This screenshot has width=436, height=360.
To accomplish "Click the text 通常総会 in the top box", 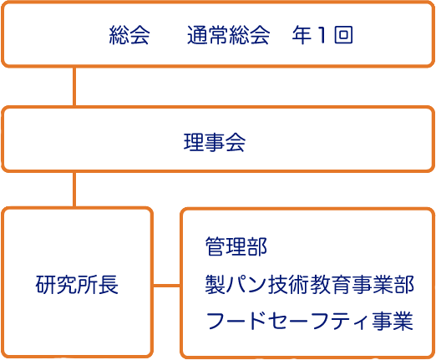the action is [x=228, y=35].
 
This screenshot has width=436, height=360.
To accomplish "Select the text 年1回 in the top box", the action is [x=322, y=35].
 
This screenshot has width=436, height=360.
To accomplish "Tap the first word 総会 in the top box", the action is [x=129, y=35].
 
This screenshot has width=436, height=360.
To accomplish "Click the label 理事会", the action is [x=215, y=142].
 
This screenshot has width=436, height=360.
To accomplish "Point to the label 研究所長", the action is [x=77, y=285].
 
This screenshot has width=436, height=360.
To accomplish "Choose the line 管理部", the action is [x=236, y=246].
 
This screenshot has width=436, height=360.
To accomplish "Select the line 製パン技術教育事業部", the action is [x=310, y=285].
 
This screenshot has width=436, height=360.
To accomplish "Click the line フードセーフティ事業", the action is [x=310, y=321].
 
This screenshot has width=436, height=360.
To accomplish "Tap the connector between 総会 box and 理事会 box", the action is [x=74, y=86].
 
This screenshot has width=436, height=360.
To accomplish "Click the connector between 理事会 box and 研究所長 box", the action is [x=74, y=190].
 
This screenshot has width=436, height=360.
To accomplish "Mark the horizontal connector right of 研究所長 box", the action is [x=167, y=286].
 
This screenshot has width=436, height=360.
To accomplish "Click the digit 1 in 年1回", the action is [x=322, y=35].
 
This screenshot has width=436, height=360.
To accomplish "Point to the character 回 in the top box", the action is [x=344, y=35].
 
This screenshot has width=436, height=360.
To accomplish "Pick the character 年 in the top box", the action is [x=302, y=35].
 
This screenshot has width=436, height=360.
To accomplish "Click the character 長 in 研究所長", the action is [x=109, y=285].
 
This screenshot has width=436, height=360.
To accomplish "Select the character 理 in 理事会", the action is [x=194, y=142].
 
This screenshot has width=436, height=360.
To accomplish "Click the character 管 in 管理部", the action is [x=215, y=246].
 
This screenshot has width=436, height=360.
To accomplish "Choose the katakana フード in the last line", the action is [x=236, y=321].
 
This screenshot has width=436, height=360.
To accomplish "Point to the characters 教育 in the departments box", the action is [x=331, y=285].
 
